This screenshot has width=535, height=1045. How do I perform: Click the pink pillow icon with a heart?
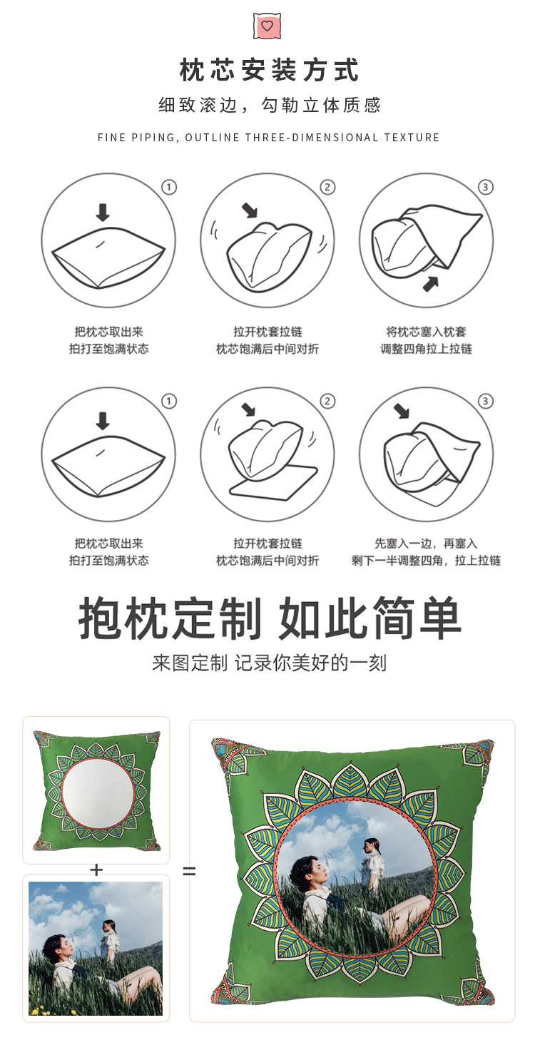pos(267,26)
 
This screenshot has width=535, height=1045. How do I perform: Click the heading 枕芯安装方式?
pos(268,71)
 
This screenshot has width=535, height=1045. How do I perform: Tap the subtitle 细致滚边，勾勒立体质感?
pos(269,106)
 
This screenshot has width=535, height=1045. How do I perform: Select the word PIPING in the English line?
pos(153,138)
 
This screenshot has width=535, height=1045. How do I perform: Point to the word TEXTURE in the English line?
pos(412,138)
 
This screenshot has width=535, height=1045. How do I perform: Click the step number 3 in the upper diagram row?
pos(485,188)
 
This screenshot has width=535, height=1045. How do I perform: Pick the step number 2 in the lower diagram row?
pos(327,402)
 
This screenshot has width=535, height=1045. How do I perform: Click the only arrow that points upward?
pos(430,284)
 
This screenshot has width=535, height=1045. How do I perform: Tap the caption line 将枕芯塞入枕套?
pos(426,332)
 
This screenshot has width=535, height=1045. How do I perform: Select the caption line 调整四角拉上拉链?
pos(426,349)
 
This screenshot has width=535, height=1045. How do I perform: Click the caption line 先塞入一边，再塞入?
pos(426,544)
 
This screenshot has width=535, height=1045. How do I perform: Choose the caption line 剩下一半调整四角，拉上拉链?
pos(426,561)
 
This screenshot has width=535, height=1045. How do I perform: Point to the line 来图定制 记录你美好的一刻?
pos(269,663)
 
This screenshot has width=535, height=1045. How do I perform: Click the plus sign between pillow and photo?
pos(96,870)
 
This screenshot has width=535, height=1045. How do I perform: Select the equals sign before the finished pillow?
pos(189,871)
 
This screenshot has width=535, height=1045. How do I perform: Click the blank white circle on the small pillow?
pos(96,791)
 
